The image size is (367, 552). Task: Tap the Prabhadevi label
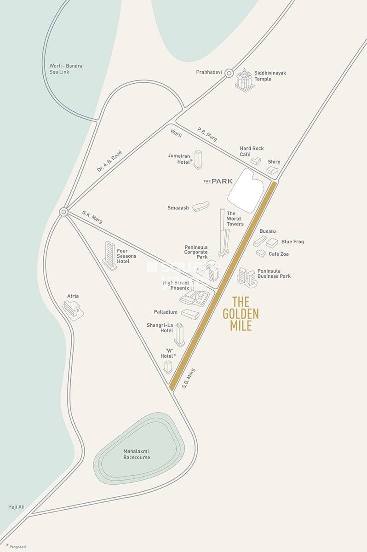[x=209, y=72]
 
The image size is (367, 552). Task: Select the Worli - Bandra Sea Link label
[x=66, y=69]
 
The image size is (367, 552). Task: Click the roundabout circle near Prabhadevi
[x=229, y=73]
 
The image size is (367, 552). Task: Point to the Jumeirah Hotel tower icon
[x=198, y=159]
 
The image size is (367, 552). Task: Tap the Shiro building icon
[x=272, y=170]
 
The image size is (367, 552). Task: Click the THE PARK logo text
[x=218, y=181]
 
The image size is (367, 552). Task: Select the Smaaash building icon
[x=201, y=207]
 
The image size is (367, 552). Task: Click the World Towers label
[x=235, y=218]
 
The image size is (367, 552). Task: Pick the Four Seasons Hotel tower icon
[x=110, y=255]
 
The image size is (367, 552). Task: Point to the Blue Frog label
[x=292, y=241]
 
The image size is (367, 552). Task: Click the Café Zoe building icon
[x=261, y=253]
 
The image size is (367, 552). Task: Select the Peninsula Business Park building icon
[x=247, y=277]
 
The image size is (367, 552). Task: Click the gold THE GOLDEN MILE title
[x=241, y=314]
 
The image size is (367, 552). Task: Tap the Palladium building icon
[x=190, y=314]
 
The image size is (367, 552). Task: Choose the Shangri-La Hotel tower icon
[x=179, y=334]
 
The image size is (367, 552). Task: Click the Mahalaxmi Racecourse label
[x=137, y=454]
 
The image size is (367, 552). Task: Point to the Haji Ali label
[x=16, y=506]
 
